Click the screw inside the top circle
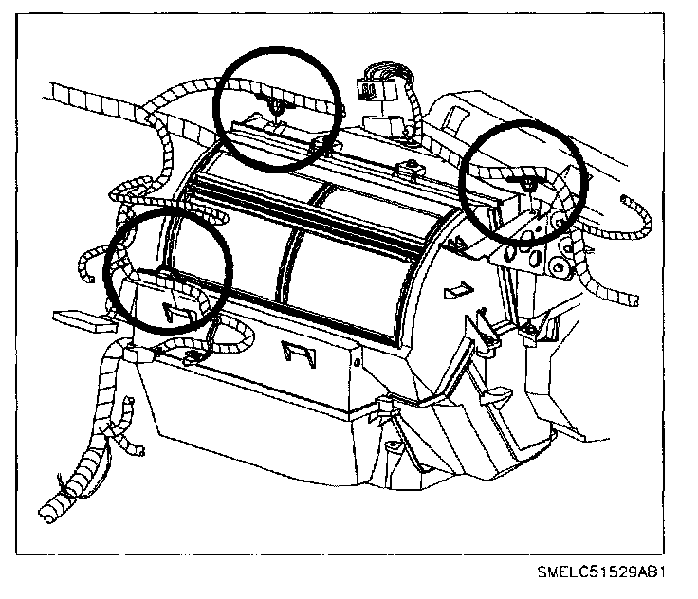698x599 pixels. [x=274, y=105]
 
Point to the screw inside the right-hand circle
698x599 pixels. [x=524, y=181]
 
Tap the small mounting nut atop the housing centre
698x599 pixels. [x=410, y=171]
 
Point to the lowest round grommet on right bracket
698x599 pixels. [x=559, y=269]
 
